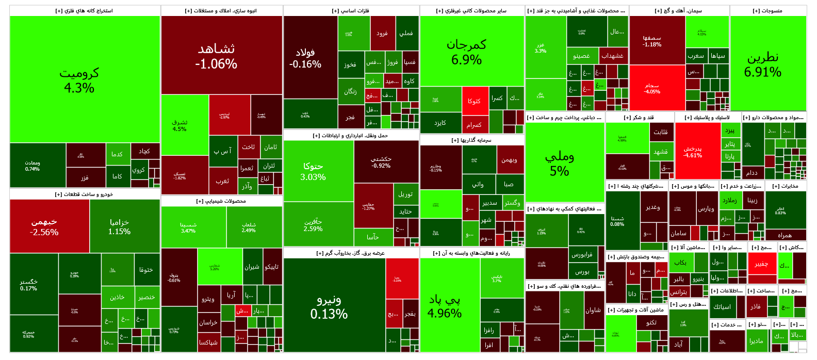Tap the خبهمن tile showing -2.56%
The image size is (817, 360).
(x=50, y=226)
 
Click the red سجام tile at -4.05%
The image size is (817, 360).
(x=657, y=88)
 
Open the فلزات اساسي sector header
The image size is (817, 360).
(x=351, y=11)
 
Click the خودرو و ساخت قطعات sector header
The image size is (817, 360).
(x=85, y=194)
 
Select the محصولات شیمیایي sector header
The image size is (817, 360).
(x=221, y=201)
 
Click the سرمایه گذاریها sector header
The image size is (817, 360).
(x=472, y=140)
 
